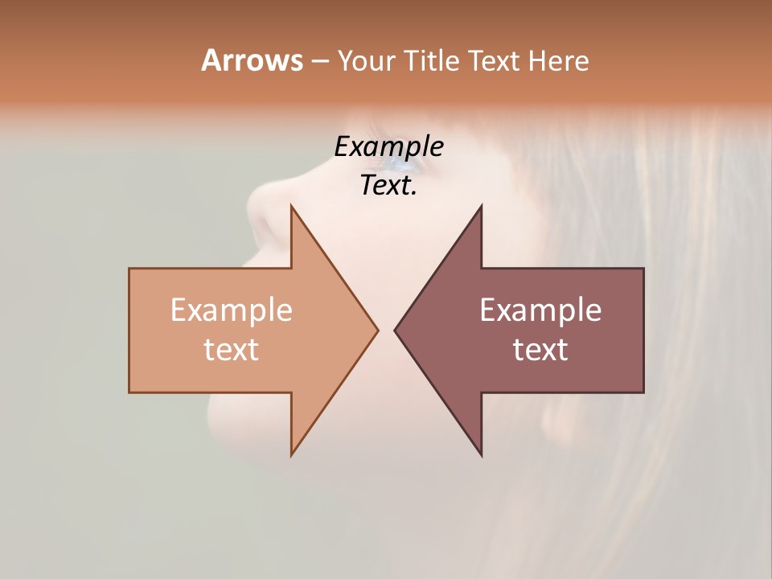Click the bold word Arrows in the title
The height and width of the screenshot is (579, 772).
252,60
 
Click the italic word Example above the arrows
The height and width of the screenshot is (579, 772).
388,147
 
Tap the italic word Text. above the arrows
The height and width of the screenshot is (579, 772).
388,186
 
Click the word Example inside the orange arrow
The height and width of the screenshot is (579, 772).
231,310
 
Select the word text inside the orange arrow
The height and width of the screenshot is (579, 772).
231,349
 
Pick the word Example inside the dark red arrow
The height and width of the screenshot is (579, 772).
540,310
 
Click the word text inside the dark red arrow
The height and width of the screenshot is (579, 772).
540,349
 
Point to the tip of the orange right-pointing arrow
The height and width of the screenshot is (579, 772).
378,330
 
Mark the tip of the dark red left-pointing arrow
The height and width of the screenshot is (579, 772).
394,330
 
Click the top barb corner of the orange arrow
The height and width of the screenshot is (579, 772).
291,206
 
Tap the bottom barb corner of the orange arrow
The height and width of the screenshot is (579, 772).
291,455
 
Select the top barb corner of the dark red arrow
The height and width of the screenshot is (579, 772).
481,206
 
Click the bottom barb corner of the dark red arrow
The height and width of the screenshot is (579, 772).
481,455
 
